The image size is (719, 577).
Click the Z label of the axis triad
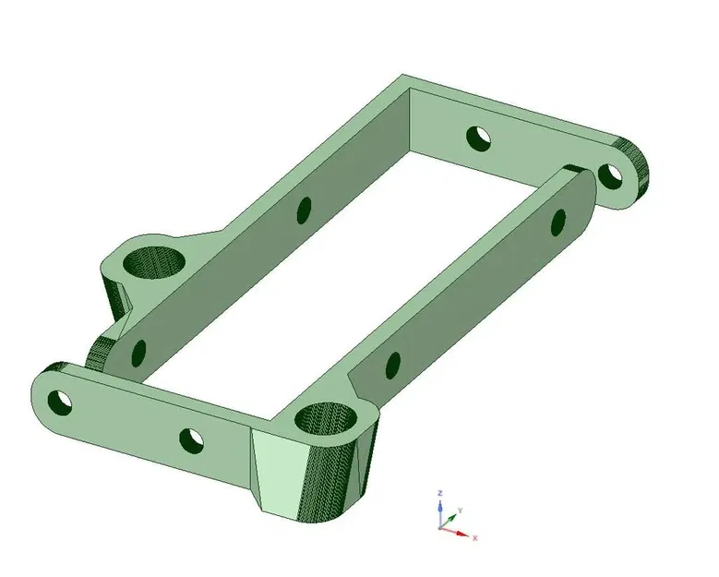(440, 493)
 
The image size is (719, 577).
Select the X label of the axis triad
(474, 536)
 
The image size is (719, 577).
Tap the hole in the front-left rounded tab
(61, 402)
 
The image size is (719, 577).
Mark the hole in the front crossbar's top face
(192, 439)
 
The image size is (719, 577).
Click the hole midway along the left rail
(305, 210)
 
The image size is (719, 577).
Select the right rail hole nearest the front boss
(392, 364)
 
